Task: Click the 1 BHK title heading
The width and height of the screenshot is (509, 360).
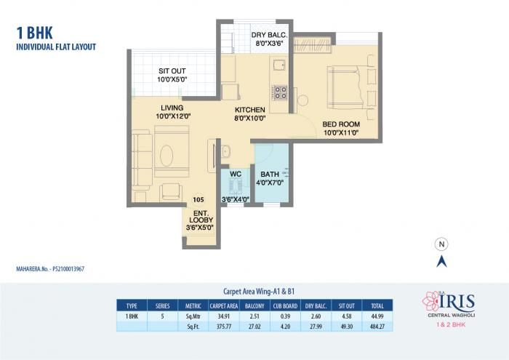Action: (x=33, y=33)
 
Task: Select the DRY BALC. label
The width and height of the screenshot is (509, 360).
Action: (x=270, y=39)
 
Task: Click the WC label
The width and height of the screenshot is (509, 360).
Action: (x=235, y=175)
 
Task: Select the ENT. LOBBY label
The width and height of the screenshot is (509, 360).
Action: (x=200, y=219)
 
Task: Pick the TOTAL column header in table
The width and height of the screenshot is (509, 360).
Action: (x=377, y=307)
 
